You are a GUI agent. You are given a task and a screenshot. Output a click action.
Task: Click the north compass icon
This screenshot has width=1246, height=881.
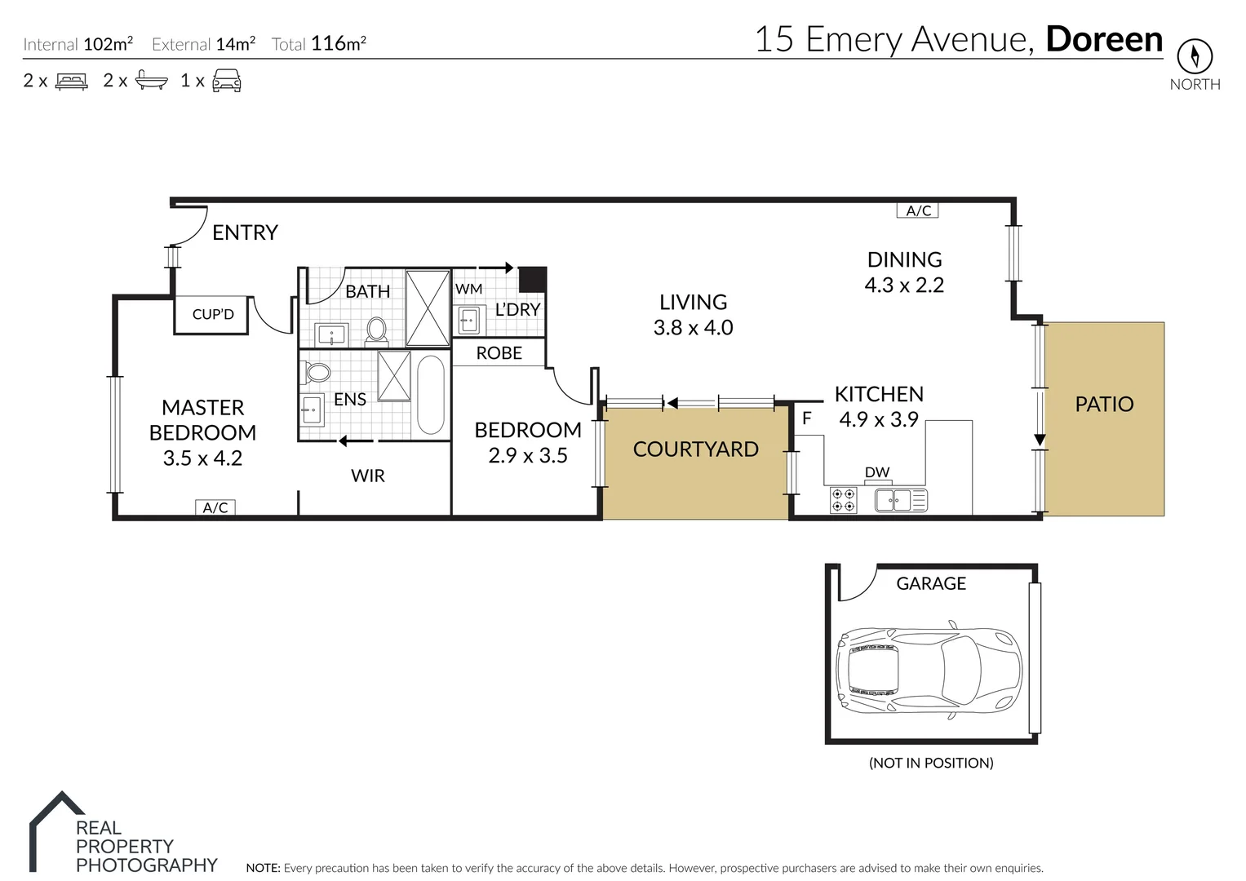1195,56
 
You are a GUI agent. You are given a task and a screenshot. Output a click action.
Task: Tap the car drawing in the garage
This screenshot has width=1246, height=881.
929,662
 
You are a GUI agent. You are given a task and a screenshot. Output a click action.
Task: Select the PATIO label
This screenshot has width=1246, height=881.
1104,404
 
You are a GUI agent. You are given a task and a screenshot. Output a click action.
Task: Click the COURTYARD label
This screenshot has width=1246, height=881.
695,449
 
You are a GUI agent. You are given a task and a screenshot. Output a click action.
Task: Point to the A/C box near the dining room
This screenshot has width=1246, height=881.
918,210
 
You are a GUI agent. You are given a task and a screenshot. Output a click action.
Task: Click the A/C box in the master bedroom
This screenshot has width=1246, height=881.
215,507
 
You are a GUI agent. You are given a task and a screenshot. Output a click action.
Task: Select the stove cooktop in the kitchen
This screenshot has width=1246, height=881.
844,500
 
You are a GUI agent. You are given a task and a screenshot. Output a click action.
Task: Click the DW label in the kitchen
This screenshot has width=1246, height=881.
876,472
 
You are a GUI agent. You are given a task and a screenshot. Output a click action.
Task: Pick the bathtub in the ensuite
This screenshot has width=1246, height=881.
431,395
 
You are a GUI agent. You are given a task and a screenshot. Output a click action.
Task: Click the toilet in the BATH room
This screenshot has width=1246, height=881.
376,330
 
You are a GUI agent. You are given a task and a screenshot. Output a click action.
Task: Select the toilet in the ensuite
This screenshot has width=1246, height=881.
317,372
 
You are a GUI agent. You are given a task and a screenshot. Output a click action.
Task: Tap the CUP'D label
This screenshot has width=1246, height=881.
213,314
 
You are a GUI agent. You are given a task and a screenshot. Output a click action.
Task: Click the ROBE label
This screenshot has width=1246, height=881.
499,353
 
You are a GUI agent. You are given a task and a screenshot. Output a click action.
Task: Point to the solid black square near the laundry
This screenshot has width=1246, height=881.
533,279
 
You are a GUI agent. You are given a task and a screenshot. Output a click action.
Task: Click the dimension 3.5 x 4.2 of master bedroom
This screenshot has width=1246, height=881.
202,458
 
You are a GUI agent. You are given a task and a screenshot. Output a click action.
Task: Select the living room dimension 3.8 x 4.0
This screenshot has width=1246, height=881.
693,328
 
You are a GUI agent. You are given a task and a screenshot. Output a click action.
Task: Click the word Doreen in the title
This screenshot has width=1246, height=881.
1104,39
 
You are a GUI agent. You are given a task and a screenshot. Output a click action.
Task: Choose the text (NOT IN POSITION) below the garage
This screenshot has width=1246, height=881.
930,764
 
